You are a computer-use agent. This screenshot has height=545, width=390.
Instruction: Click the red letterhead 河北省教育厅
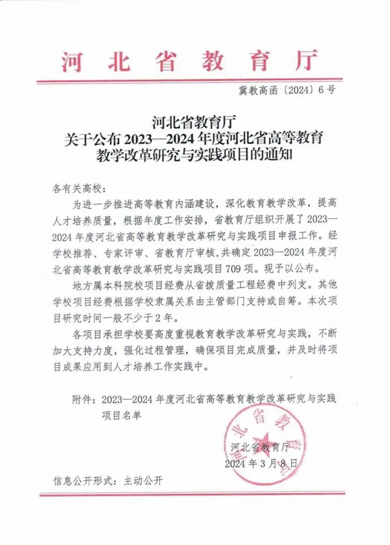pyautogui.click(x=190, y=61)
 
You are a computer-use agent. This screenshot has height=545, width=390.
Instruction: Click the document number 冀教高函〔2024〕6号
pyautogui.click(x=287, y=91)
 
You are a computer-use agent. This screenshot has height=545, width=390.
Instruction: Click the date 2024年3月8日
pyautogui.click(x=261, y=464)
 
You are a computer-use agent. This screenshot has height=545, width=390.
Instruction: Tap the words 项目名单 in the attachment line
pyautogui.click(x=121, y=415)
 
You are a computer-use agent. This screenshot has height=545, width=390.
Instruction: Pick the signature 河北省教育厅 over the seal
pyautogui.click(x=262, y=447)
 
